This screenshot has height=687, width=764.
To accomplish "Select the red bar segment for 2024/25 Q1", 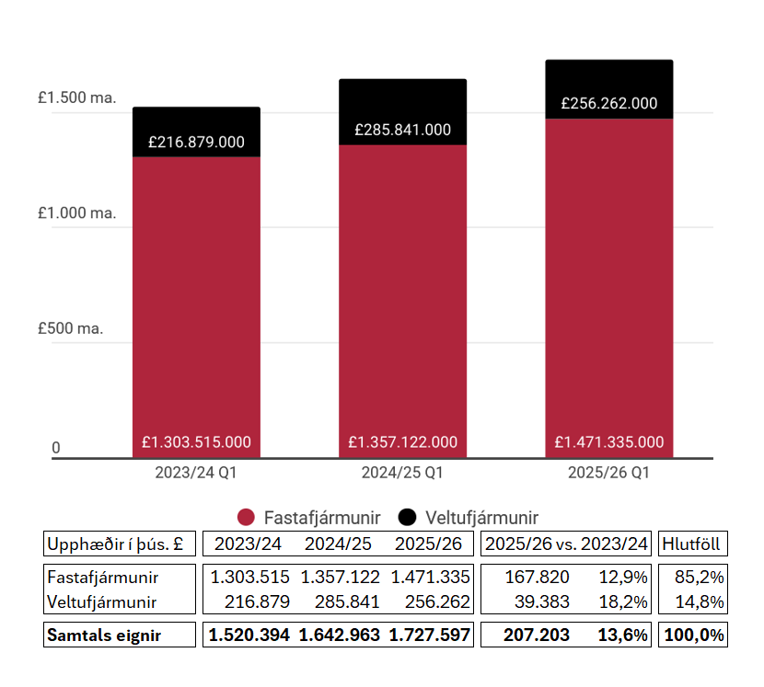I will point(402,294).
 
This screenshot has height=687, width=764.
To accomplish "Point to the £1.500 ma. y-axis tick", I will point(77,98).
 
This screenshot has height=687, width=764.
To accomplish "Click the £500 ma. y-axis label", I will point(77,328).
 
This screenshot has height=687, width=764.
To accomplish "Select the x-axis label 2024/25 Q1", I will point(402,474).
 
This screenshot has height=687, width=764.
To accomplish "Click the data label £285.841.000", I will point(402,130).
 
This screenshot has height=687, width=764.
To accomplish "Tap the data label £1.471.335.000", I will point(608,442).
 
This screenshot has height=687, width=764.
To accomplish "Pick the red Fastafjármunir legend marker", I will point(245,517).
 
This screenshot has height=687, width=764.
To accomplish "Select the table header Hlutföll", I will point(690,544).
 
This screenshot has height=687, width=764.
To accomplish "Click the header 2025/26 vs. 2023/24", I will point(566,544).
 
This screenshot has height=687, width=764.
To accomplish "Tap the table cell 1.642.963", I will point(338,635).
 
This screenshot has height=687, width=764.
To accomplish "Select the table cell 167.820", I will point(538,578).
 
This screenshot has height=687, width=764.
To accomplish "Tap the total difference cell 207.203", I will point(538,635).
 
